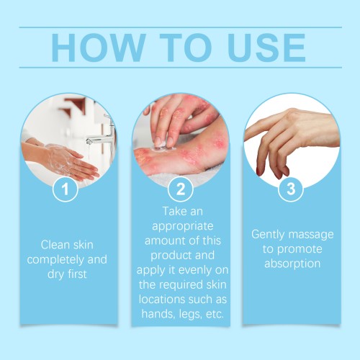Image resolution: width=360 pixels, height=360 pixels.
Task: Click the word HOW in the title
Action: (99, 48)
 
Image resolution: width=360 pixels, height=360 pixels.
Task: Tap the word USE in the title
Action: (267, 48)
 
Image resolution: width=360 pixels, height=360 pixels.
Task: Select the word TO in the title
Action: (186, 48)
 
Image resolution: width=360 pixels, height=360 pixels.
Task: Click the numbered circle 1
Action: (65, 189)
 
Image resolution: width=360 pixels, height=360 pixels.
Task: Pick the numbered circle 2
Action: (181, 189)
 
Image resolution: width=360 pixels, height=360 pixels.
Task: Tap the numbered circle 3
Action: (291, 189)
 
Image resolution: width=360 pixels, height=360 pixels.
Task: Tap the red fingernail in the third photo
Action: (258, 172)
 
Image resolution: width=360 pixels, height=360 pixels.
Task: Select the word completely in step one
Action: (55, 260)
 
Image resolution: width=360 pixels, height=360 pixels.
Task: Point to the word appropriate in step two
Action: (183, 227)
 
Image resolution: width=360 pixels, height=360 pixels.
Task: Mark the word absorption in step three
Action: (292, 264)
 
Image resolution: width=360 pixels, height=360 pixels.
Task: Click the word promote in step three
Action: (300, 249)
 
